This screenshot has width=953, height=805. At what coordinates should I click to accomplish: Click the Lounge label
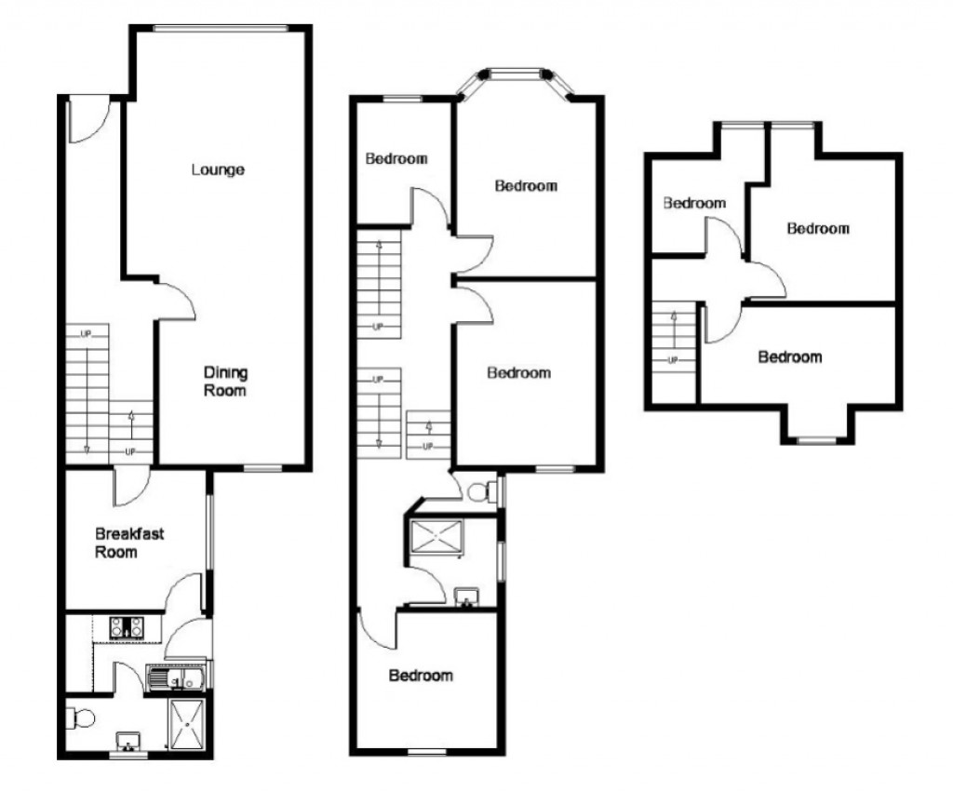tap(218, 169)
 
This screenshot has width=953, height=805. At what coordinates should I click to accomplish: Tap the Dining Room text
tap(225, 382)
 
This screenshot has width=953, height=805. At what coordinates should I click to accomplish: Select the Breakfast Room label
tap(129, 543)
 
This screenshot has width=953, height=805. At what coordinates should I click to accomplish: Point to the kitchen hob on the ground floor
tap(126, 628)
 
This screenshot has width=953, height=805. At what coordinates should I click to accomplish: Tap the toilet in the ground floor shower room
tap(77, 718)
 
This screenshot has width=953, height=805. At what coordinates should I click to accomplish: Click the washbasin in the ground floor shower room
tap(128, 742)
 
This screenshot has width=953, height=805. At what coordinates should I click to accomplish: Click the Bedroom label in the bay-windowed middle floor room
tap(525, 186)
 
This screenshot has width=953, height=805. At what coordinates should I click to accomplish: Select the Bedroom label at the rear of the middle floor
tap(421, 675)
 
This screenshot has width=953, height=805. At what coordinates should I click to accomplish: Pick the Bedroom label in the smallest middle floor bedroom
tap(396, 158)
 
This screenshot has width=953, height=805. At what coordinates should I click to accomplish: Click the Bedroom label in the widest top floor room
tap(789, 356)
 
